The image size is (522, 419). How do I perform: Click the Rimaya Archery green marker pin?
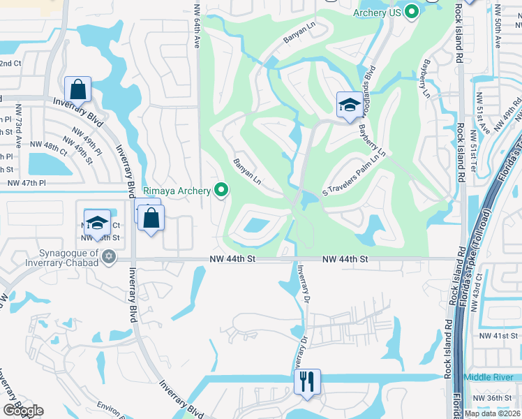coord(222,190)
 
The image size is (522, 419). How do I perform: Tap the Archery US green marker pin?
coord(412,11)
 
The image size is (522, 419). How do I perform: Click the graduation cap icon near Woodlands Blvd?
coord(348,105)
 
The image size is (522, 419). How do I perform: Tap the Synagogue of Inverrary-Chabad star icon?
coord(107,258)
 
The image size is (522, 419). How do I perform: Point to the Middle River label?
coord(489,376)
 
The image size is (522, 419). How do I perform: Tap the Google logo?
coord(22,411)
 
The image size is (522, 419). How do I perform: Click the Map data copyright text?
coord(492,413)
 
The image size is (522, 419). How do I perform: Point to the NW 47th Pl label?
coord(26,183)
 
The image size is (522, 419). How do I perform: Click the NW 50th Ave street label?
coord(497,27)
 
